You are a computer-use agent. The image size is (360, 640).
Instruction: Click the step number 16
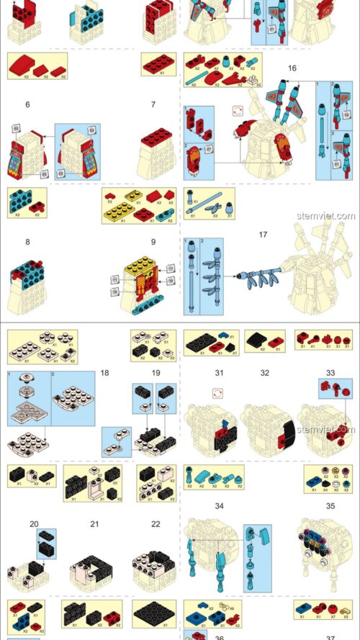click(x=292, y=68)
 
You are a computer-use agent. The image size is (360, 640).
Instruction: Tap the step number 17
click(x=263, y=234)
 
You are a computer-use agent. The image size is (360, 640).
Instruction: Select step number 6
click(x=27, y=104)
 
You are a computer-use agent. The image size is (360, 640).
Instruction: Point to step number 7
click(x=153, y=104)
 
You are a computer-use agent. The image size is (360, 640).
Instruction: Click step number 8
click(x=27, y=242)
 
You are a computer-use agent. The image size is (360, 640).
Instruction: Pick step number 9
click(x=153, y=242)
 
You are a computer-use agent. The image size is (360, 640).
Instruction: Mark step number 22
click(x=156, y=523)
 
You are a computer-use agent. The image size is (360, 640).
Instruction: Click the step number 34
click(x=220, y=506)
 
